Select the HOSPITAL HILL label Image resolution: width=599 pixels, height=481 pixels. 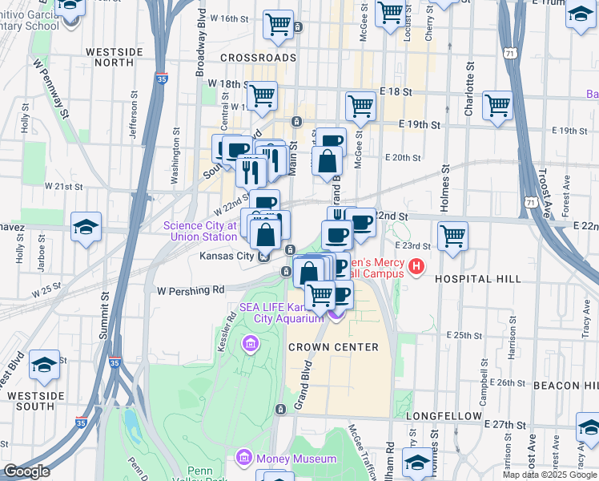pyautogui.click(x=477, y=278)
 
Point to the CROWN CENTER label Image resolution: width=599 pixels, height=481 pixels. pyautogui.click(x=345, y=347)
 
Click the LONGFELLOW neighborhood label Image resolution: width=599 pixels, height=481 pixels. pyautogui.click(x=444, y=417)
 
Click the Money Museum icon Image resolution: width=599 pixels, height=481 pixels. pyautogui.click(x=243, y=459)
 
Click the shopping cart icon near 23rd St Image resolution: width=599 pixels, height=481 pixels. pyautogui.click(x=453, y=236)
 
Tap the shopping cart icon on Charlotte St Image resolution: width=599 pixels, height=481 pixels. pyautogui.click(x=497, y=104)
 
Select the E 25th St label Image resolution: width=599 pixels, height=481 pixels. pyautogui.click(x=462, y=334)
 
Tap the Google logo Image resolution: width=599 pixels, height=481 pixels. pyautogui.click(x=26, y=471)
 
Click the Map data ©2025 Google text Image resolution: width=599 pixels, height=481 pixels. pyautogui.click(x=549, y=475)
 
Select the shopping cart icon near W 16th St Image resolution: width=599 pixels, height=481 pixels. pyautogui.click(x=277, y=25)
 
